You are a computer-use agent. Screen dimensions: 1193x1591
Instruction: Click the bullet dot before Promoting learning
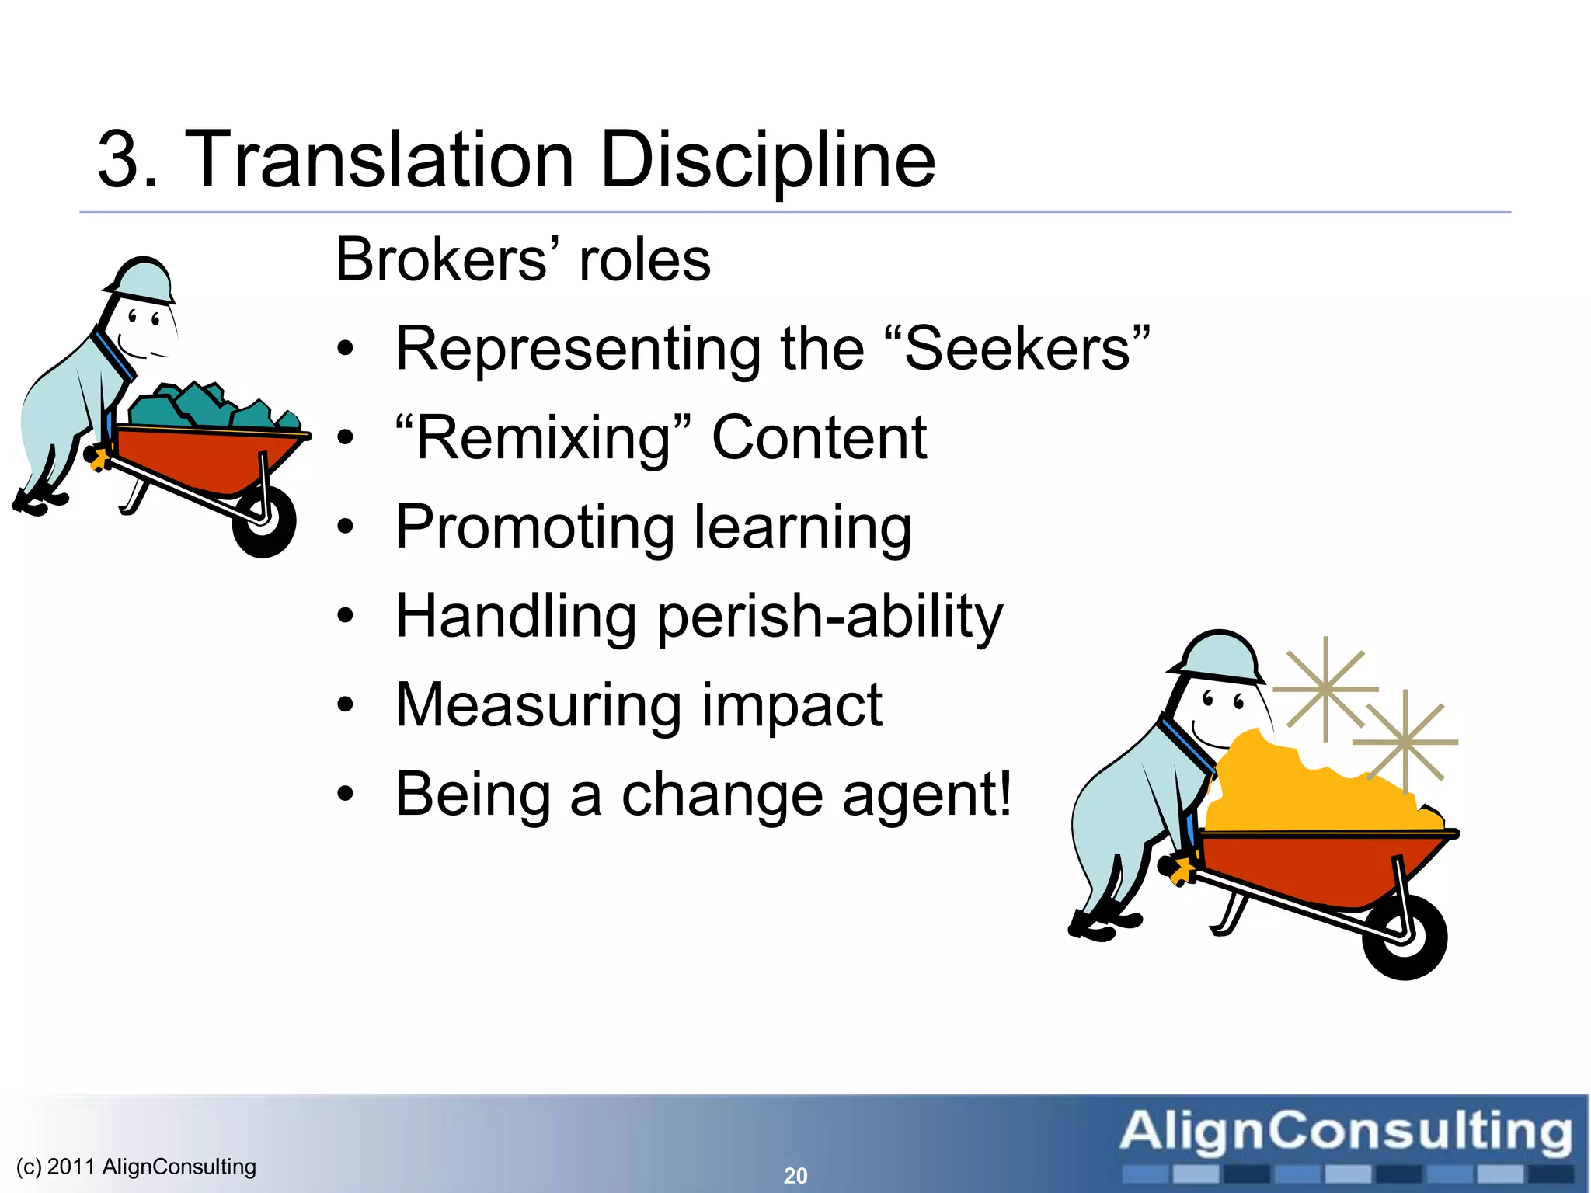pyautogui.click(x=346, y=528)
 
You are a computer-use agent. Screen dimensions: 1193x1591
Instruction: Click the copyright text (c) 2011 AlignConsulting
pyautogui.click(x=136, y=1167)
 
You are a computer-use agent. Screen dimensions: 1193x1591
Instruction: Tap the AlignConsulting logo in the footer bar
pyautogui.click(x=1346, y=1142)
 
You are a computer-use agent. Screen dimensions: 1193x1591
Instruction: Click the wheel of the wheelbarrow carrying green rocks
pyautogui.click(x=265, y=522)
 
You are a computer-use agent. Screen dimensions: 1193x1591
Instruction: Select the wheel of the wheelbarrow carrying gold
pyautogui.click(x=1405, y=936)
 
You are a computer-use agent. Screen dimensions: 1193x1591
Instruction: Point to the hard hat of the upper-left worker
pyautogui.click(x=144, y=280)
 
